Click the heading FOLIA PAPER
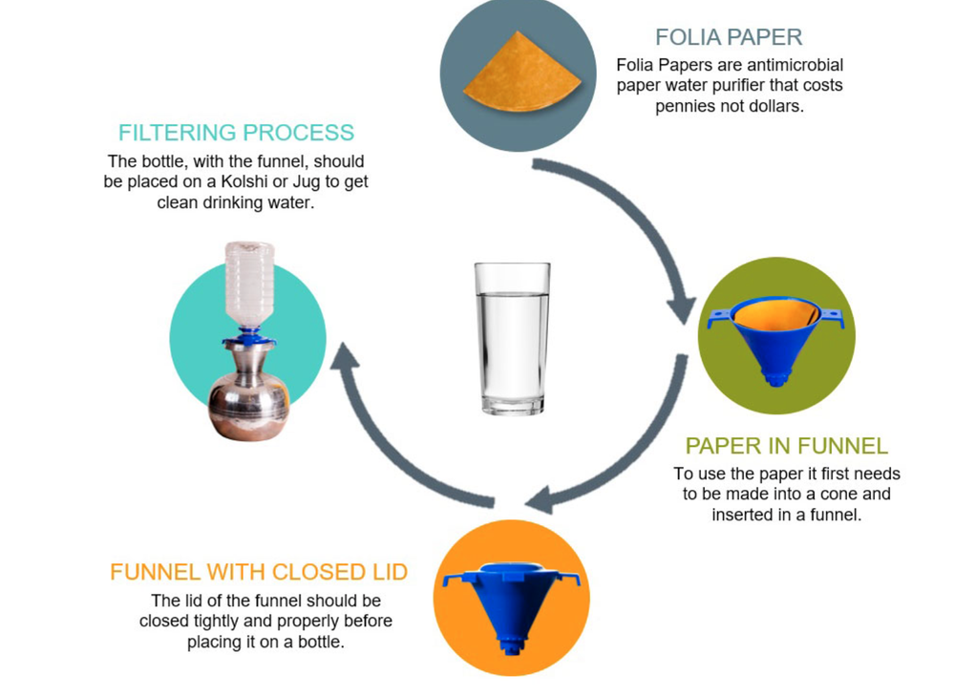pos(729,37)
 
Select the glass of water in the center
pos(512,338)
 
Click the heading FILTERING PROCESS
pos(236,133)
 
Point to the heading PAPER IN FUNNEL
pos(787,446)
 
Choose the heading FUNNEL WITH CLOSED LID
pos(259,572)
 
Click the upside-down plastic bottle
pos(249,285)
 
